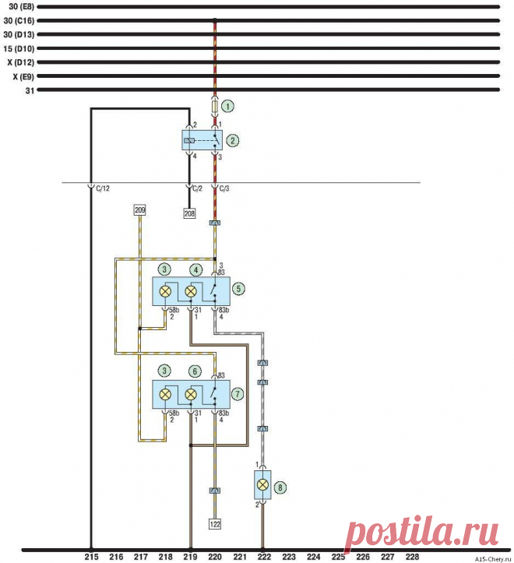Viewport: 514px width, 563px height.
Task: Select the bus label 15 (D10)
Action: [x=17, y=48]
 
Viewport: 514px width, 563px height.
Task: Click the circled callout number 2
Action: [x=232, y=141]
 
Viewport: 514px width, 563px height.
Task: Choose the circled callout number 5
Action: [x=239, y=288]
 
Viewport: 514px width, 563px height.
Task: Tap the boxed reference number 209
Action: [x=140, y=210]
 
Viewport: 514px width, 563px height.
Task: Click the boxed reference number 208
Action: [x=189, y=213]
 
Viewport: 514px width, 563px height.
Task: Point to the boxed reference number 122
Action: [x=215, y=524]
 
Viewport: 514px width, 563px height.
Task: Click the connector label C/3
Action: [x=224, y=188]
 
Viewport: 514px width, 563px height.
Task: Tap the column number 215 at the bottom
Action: [x=91, y=557]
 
